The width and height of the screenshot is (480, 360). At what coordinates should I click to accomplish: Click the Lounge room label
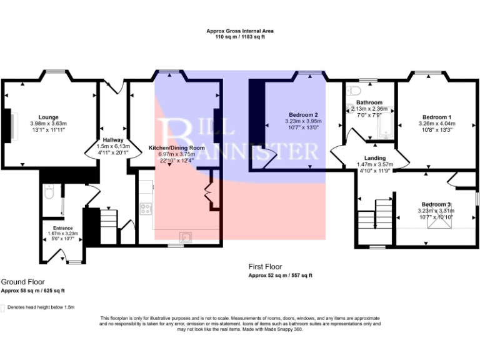[x=48, y=117]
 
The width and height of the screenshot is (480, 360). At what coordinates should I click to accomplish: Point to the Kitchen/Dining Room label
[x=176, y=147]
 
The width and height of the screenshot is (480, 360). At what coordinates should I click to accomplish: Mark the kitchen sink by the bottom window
[x=186, y=236]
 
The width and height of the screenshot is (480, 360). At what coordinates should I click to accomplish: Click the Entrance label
[x=62, y=228]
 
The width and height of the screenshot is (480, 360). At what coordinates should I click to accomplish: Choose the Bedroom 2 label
[x=302, y=115]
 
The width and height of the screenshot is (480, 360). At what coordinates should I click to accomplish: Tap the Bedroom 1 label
[x=436, y=117]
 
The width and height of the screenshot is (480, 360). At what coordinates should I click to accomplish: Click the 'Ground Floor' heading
[x=22, y=282]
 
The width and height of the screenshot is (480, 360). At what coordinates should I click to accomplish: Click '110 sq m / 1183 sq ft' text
[x=240, y=37]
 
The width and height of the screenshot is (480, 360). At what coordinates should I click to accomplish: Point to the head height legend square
[x=3, y=307]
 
